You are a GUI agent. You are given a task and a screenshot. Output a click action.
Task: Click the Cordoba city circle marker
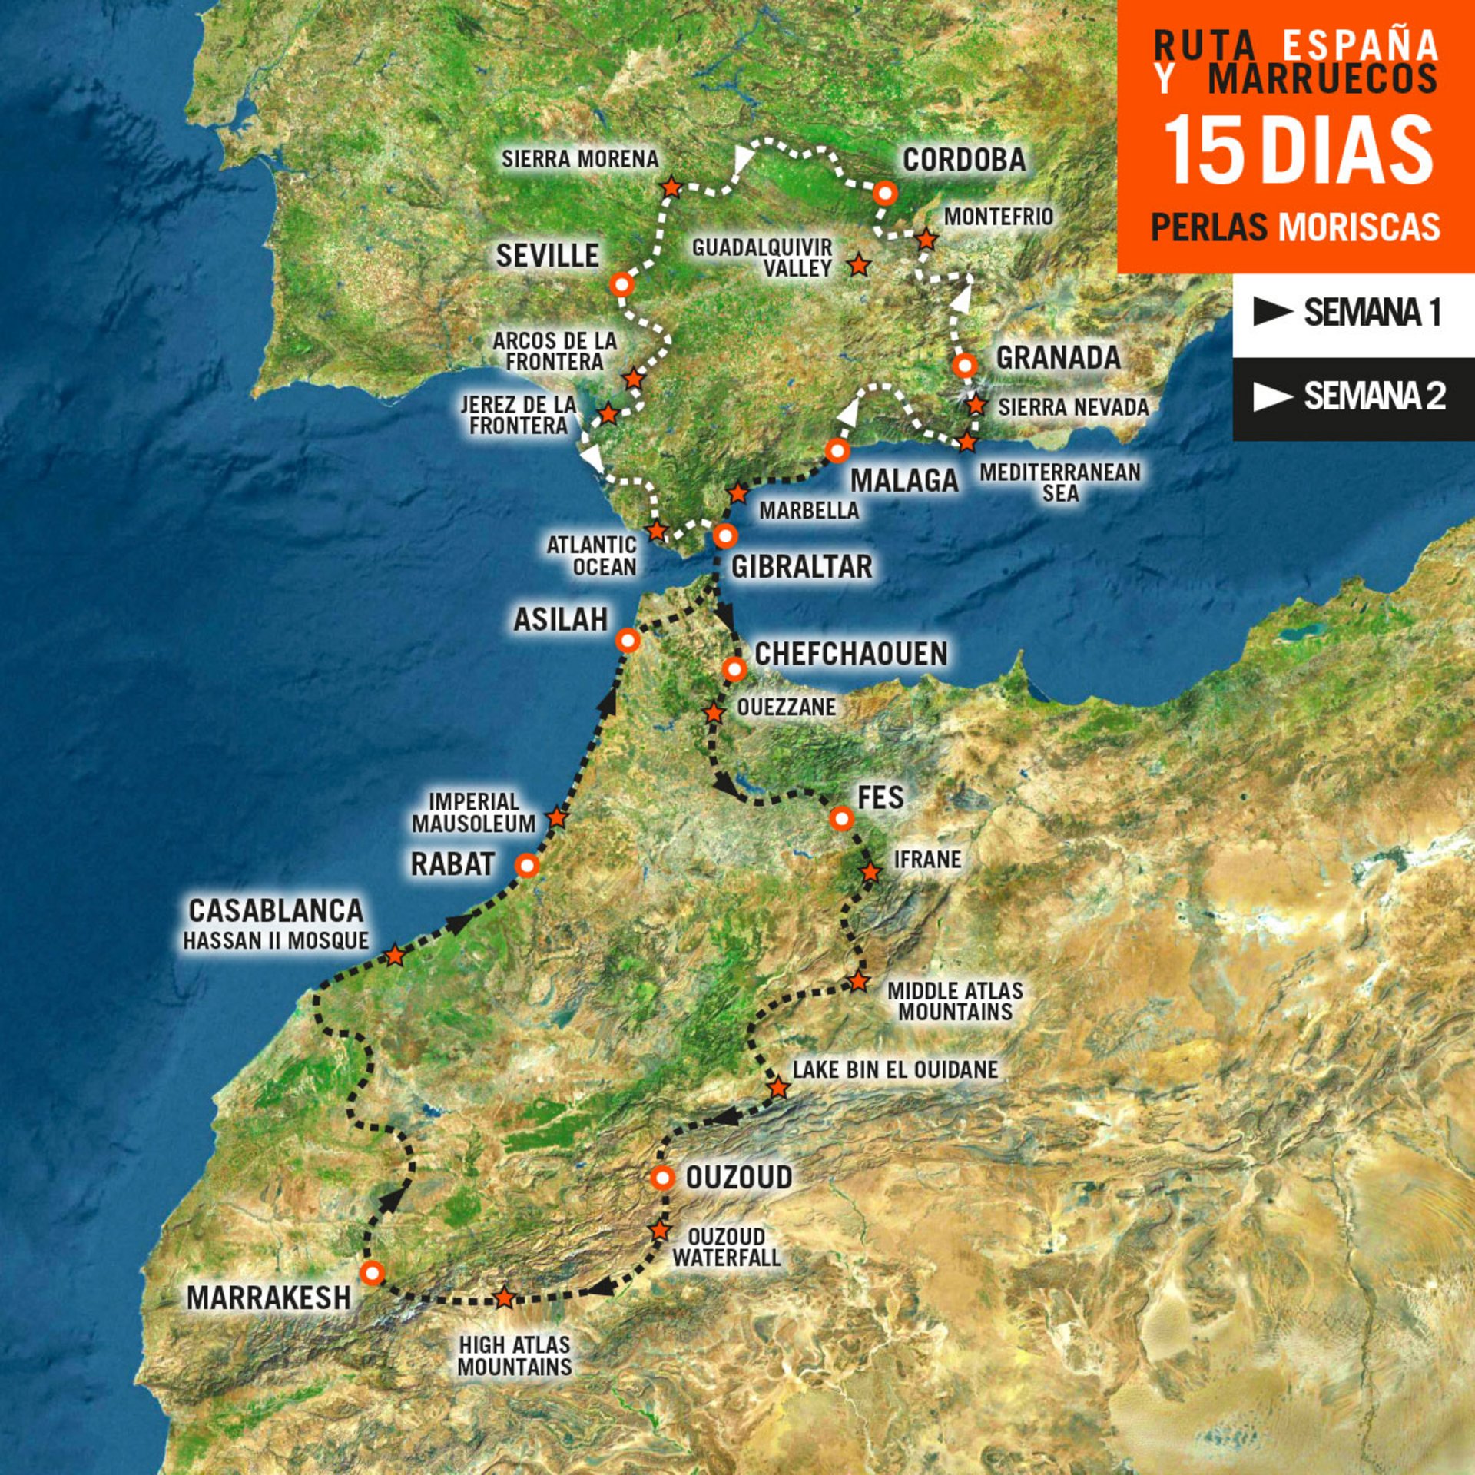[x=885, y=193]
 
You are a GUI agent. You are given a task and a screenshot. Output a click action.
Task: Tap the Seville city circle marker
[x=621, y=285]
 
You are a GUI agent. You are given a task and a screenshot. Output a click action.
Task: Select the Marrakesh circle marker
[x=372, y=1273]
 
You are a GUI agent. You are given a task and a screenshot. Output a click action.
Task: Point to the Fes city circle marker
[x=842, y=819]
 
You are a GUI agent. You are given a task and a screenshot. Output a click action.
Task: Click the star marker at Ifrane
[x=870, y=873]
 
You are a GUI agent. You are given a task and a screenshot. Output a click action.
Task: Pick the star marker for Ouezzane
[x=714, y=713]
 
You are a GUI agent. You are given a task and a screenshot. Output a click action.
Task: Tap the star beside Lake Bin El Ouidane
[x=778, y=1088]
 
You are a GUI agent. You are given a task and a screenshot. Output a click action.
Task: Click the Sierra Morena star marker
[x=671, y=187]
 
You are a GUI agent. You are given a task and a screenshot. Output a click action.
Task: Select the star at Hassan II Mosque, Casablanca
[x=394, y=956]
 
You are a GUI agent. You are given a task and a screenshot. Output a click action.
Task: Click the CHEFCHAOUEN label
[x=851, y=654]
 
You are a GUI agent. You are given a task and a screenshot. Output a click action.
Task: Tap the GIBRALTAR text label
[x=801, y=567]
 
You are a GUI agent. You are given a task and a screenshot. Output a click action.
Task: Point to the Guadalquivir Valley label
[x=762, y=257]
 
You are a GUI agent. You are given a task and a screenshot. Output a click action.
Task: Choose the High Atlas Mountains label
[x=515, y=1356]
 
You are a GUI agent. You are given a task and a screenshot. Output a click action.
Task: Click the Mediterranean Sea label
[x=1060, y=482]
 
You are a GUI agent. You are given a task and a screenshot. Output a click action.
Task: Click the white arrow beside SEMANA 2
[x=1272, y=396]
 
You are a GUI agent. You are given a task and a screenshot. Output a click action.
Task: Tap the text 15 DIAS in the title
[x=1298, y=151]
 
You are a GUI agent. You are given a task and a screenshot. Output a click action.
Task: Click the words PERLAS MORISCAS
[x=1295, y=227]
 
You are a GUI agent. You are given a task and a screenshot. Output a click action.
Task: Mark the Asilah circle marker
[x=628, y=640]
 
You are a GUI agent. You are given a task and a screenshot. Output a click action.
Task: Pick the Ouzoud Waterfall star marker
[x=660, y=1230]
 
